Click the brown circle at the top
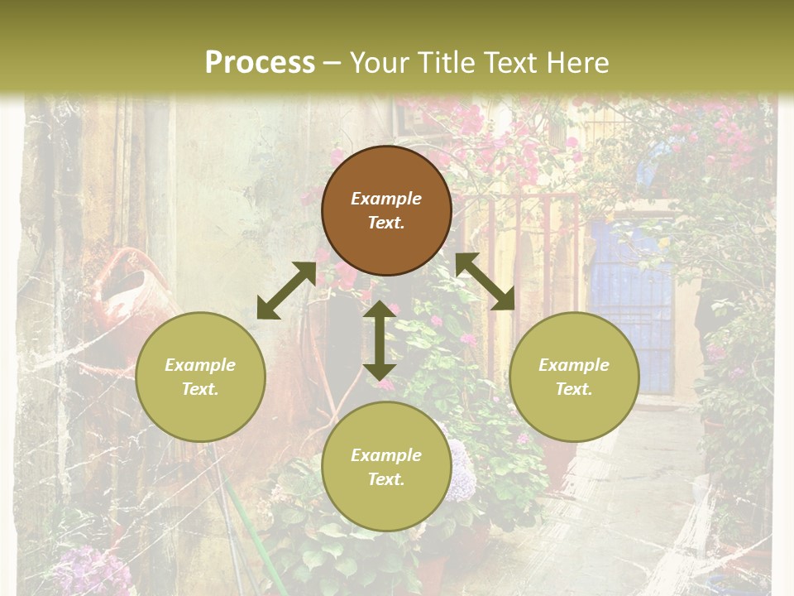(x=386, y=210)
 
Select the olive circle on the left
(x=200, y=377)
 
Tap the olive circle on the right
(x=574, y=377)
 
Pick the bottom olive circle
(x=386, y=467)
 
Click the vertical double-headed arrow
(x=380, y=340)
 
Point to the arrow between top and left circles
(x=286, y=291)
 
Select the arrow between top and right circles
(x=485, y=281)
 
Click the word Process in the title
(x=260, y=63)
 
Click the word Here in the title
(x=578, y=63)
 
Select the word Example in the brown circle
(x=386, y=199)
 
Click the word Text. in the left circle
(x=200, y=389)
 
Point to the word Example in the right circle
(x=574, y=365)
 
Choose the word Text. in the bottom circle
(x=386, y=479)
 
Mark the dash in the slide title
(x=332, y=63)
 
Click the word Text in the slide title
(x=514, y=63)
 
